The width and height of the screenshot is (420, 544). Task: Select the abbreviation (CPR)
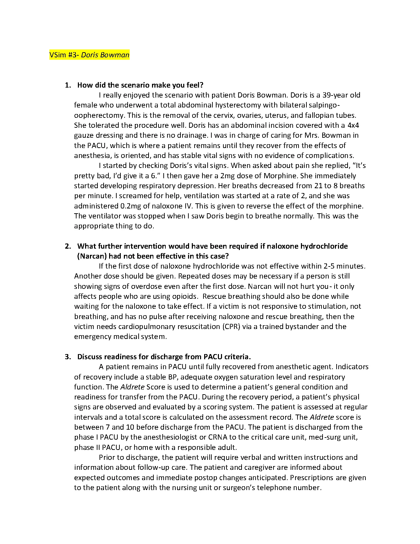tap(231, 326)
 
